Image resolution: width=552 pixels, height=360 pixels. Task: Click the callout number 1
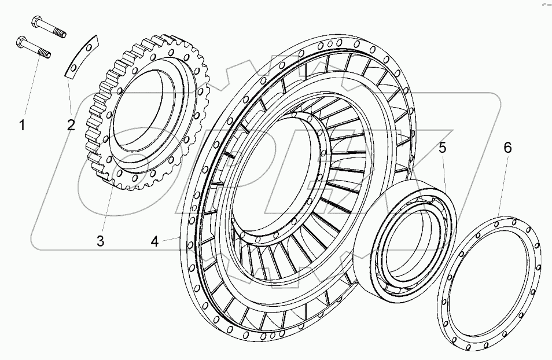[23, 124]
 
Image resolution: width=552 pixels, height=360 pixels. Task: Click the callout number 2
[71, 124]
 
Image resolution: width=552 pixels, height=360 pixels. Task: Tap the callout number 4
[154, 242]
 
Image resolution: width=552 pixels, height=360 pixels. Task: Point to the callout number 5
[442, 148]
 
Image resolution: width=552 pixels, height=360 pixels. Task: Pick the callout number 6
[507, 148]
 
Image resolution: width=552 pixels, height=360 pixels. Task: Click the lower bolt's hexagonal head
[21, 41]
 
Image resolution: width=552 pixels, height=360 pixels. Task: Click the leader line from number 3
[106, 208]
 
